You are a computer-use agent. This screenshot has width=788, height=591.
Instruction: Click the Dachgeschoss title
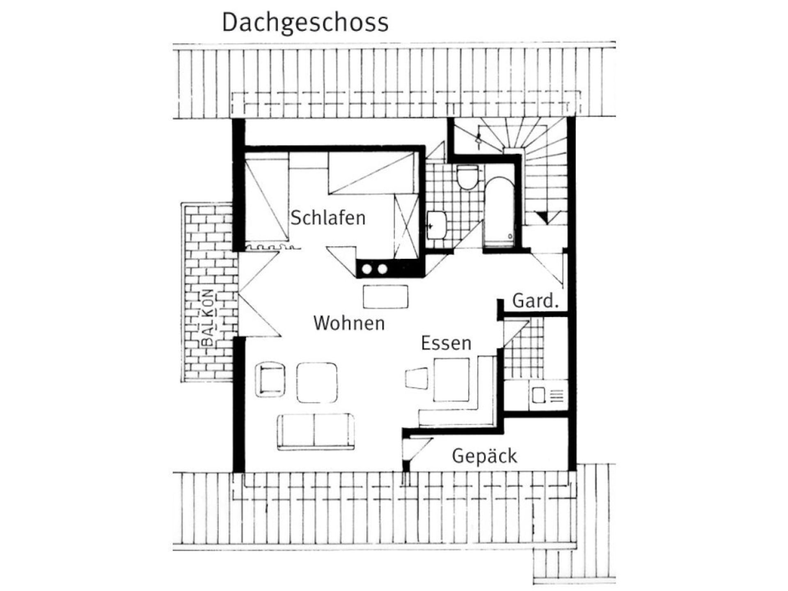tap(305, 23)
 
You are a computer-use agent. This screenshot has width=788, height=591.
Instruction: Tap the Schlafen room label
tap(328, 218)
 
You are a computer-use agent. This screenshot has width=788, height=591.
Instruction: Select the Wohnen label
tap(349, 323)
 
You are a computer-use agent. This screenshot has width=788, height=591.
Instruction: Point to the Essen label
tap(446, 343)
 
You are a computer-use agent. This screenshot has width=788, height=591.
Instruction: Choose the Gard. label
tap(536, 301)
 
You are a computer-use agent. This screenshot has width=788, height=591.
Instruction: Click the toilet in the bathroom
tap(467, 177)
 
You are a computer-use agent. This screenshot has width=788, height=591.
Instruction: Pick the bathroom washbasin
tap(436, 225)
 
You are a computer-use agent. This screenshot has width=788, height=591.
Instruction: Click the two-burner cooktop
tap(374, 269)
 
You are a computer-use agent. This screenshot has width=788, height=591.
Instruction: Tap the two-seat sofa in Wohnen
tap(316, 431)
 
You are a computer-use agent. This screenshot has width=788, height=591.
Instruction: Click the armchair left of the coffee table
tap(270, 379)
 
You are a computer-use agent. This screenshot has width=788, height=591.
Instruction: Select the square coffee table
tap(317, 383)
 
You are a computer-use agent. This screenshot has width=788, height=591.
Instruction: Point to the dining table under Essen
tap(451, 380)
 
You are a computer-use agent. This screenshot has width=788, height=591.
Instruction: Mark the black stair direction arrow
tap(548, 217)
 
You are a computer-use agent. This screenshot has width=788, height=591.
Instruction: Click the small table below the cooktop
tap(386, 296)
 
